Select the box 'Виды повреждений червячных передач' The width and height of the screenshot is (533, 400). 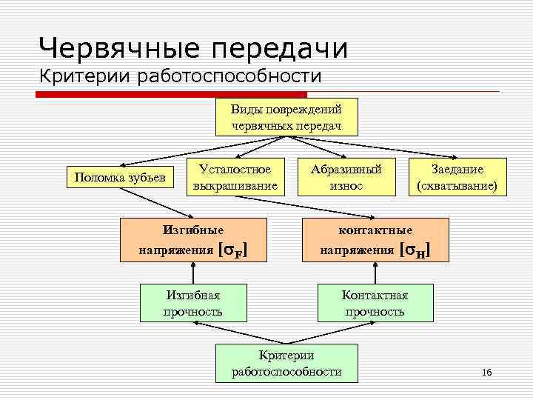point(286,117)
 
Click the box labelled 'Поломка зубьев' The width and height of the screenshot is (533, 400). point(119,177)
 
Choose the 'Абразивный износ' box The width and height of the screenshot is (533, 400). point(346,177)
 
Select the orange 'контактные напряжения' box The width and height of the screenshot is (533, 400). point(374,240)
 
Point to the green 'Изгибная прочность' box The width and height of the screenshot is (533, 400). point(192,302)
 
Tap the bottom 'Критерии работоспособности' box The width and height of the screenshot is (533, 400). point(286,362)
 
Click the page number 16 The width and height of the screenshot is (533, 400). point(486,372)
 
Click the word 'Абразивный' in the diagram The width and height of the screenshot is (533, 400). point(346,170)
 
